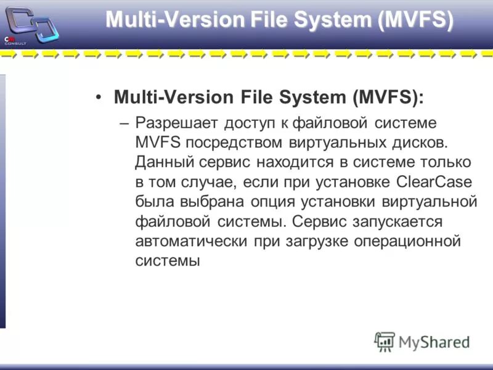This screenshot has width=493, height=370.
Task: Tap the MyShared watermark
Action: [422, 341]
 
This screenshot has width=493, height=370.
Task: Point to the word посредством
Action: [234, 143]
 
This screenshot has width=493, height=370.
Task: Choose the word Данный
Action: [165, 163]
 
